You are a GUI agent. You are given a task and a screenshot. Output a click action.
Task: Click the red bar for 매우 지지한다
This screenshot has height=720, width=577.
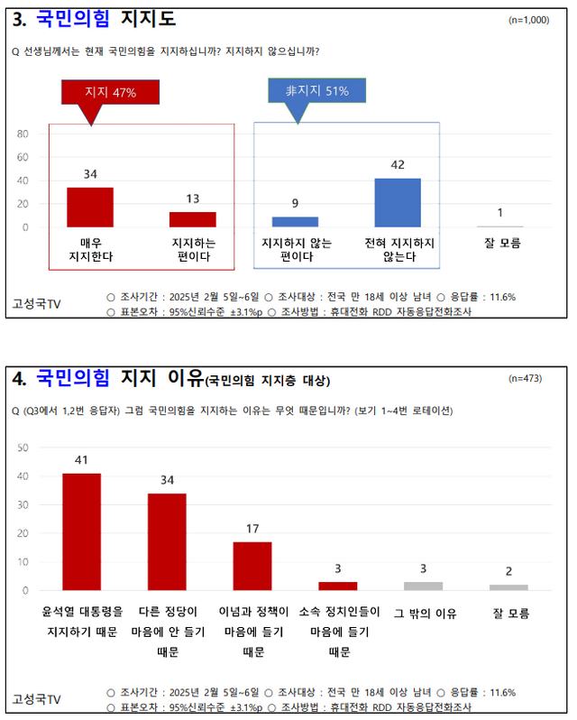[90, 207]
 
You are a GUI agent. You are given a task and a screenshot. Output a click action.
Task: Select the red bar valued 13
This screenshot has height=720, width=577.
[193, 219]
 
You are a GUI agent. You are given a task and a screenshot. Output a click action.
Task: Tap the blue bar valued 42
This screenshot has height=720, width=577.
[398, 202]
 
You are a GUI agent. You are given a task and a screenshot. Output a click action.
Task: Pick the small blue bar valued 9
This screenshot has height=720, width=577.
[295, 222]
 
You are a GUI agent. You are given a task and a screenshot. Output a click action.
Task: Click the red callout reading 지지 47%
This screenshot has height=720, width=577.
[110, 92]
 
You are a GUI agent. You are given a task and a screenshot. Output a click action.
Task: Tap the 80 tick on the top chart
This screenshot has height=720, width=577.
[23, 134]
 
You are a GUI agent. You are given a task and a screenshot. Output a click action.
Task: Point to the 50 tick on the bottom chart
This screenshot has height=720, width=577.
[23, 448]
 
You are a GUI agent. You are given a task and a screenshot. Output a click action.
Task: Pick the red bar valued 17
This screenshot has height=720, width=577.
[252, 566]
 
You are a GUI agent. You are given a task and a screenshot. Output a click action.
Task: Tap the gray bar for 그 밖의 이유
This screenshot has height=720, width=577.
[424, 586]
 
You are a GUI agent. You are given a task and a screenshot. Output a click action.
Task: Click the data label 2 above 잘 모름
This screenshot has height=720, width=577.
[509, 571]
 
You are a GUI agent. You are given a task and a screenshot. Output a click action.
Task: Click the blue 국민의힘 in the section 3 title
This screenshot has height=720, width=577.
[73, 18]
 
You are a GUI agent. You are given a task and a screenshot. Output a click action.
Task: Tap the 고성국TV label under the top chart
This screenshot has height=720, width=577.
[41, 303]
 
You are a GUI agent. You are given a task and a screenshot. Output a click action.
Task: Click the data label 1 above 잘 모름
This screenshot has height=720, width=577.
[499, 213]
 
